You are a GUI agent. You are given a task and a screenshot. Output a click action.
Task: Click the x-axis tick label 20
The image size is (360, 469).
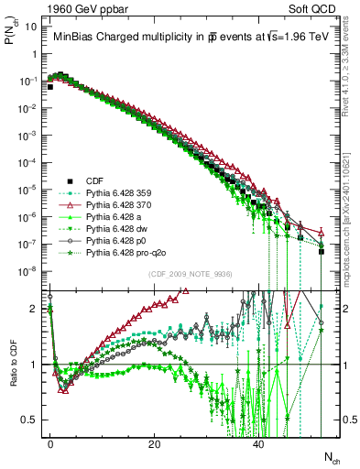pos(155,443)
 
